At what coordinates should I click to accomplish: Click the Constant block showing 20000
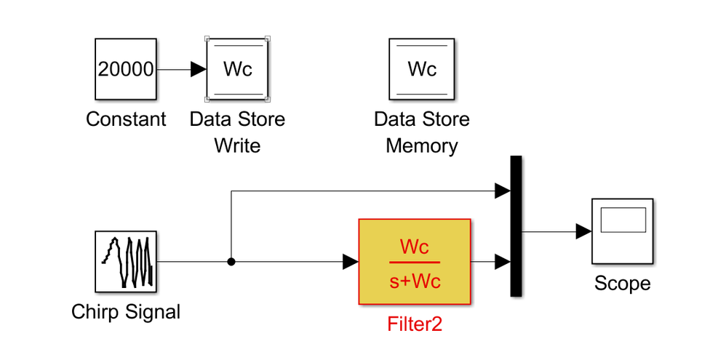(x=125, y=69)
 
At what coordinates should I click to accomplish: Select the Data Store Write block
(x=237, y=69)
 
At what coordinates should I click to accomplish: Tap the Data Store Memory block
(x=422, y=69)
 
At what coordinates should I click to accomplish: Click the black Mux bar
(x=516, y=226)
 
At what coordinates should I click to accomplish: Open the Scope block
(x=622, y=231)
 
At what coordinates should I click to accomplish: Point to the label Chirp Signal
(x=126, y=312)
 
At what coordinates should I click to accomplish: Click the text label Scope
(x=622, y=284)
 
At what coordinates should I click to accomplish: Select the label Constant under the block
(x=126, y=119)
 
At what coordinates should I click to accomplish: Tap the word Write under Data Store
(x=237, y=145)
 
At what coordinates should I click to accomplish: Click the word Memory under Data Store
(x=422, y=145)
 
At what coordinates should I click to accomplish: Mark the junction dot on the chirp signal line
(x=231, y=262)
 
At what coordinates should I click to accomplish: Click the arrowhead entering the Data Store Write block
(x=199, y=69)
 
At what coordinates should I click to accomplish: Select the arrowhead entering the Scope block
(x=583, y=231)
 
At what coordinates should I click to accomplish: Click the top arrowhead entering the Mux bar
(x=503, y=191)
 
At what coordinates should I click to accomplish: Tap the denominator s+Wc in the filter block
(x=414, y=281)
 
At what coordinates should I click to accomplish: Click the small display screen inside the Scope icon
(x=623, y=220)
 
